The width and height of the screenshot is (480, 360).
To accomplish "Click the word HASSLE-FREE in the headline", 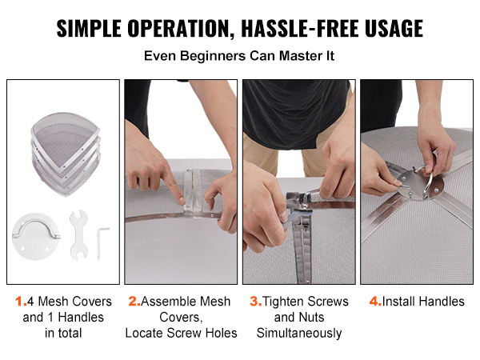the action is [299, 29].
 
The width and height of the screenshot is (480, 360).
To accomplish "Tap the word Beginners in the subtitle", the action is [213, 56].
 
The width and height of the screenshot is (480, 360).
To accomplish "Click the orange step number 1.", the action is [19, 302].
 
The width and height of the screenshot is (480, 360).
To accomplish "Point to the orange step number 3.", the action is [255, 302].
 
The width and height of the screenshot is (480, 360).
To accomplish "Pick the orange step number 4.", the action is [375, 302].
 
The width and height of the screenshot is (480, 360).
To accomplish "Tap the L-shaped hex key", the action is [102, 242].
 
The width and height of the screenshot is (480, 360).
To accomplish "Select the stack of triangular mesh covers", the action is [66, 154].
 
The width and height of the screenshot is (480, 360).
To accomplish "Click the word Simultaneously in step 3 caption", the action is [299, 333].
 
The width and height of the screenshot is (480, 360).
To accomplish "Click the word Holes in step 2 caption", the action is [222, 333].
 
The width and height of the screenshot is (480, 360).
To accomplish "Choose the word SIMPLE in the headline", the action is [89, 29].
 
